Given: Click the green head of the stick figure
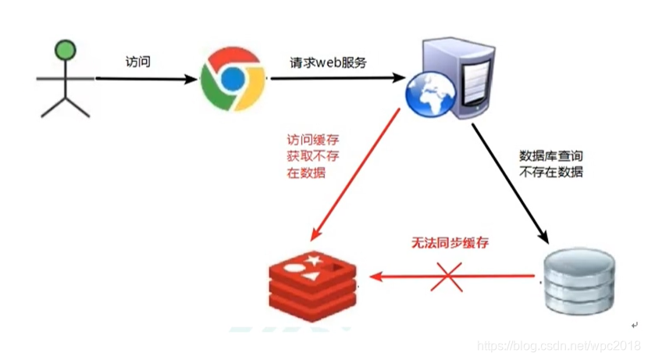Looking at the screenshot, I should [x=65, y=52].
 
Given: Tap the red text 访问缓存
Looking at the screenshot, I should [x=313, y=141].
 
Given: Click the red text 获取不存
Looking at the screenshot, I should [x=313, y=157].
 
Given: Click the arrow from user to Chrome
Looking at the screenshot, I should [x=144, y=79].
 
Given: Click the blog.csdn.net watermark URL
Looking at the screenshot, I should [x=557, y=345].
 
